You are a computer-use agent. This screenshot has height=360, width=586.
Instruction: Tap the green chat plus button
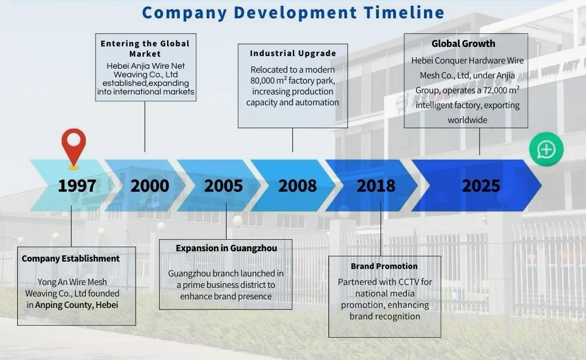click(x=547, y=149)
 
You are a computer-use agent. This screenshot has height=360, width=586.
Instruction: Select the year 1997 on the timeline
click(x=77, y=186)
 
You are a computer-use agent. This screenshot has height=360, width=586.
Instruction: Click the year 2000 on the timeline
click(x=150, y=186)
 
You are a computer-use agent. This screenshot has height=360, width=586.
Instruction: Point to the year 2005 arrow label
click(x=224, y=186)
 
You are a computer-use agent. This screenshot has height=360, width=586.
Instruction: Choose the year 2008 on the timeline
click(x=298, y=186)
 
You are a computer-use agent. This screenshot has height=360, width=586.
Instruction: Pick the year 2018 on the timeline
click(x=376, y=186)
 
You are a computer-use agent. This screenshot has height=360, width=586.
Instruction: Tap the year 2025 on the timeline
click(x=481, y=186)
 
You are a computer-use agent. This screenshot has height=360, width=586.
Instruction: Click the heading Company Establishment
click(x=70, y=259)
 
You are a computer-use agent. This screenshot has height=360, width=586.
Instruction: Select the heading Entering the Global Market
click(x=145, y=49)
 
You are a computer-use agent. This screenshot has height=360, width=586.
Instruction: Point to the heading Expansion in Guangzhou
click(x=227, y=248)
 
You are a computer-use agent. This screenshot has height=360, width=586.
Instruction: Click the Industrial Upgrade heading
click(x=293, y=53)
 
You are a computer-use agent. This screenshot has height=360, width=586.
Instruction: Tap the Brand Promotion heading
click(x=384, y=266)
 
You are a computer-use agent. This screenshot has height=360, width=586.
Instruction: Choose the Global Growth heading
click(x=464, y=43)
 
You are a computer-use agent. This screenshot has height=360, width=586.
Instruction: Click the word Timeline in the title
click(x=404, y=13)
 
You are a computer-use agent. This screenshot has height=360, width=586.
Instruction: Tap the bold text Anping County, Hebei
click(x=77, y=305)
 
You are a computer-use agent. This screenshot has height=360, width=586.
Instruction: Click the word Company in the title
click(x=184, y=13)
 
